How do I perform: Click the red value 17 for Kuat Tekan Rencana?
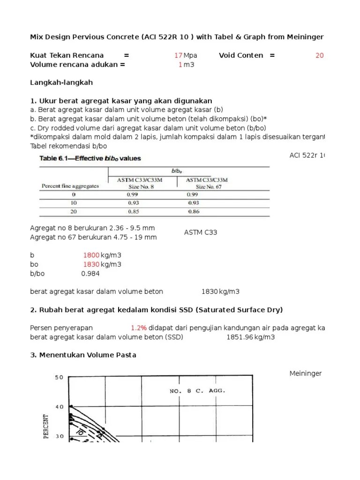[178, 55]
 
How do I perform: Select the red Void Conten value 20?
[319, 55]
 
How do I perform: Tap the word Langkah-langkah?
[61, 82]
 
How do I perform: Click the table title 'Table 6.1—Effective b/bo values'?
[89, 158]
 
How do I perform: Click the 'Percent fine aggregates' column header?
[70, 186]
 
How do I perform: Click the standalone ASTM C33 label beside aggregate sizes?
[200, 232]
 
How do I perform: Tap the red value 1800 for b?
[91, 255]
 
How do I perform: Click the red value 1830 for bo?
[91, 264]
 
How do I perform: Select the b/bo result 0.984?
[90, 273]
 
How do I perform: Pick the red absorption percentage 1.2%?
[139, 328]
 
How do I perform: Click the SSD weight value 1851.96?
[240, 337]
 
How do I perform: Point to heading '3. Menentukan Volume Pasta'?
[83, 355]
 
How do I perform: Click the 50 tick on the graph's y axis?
[59, 377]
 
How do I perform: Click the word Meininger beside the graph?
[306, 373]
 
